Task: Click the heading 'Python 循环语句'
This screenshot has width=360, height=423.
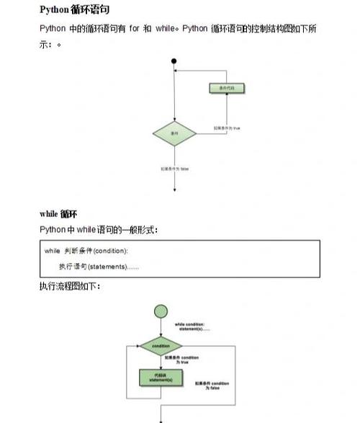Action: pyautogui.click(x=74, y=9)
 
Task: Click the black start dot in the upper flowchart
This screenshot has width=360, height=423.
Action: pyautogui.click(x=174, y=61)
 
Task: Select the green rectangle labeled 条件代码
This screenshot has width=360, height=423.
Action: pyautogui.click(x=227, y=88)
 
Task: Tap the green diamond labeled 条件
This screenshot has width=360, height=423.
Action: pyautogui.click(x=174, y=134)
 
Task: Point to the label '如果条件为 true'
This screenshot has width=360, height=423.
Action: pyautogui.click(x=226, y=128)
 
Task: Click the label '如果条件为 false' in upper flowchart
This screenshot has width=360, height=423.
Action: pyautogui.click(x=175, y=169)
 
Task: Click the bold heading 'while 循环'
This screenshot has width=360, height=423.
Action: pyautogui.click(x=58, y=214)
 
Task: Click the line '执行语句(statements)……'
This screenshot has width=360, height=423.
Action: pyautogui.click(x=99, y=267)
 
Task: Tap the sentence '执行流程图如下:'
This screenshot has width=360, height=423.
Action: pyautogui.click(x=70, y=287)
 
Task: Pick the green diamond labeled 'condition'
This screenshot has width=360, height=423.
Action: pyautogui.click(x=161, y=346)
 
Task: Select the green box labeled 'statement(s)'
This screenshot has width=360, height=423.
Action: pyautogui.click(x=161, y=377)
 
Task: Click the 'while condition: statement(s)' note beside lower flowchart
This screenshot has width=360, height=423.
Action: pyautogui.click(x=192, y=326)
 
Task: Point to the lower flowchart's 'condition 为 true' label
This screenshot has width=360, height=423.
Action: pyautogui.click(x=181, y=359)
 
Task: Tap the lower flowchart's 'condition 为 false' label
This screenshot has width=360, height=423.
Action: pyautogui.click(x=210, y=386)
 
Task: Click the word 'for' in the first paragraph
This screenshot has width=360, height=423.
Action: pyautogui.click(x=134, y=29)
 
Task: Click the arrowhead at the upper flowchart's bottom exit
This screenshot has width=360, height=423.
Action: pyautogui.click(x=174, y=189)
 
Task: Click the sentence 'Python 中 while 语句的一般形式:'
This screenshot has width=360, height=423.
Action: pyautogui.click(x=98, y=230)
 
